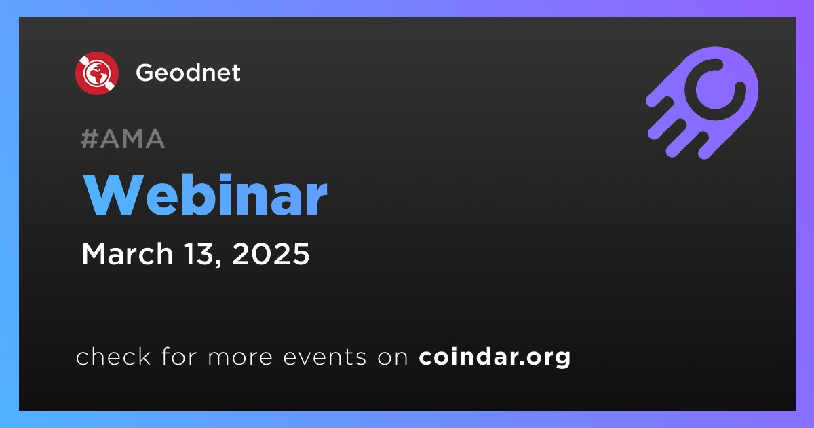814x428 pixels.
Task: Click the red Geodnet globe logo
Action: click(97, 73)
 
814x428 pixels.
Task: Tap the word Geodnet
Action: click(188, 73)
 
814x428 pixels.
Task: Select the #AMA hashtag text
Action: click(123, 139)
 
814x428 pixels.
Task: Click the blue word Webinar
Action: click(206, 195)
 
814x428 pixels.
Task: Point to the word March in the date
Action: click(128, 253)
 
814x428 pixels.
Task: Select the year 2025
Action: click(271, 253)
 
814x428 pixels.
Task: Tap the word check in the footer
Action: click(113, 356)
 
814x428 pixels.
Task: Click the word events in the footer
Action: click(325, 357)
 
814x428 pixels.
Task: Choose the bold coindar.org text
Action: click(495, 357)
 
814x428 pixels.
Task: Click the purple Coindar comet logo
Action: click(702, 103)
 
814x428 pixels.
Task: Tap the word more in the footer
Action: click(240, 357)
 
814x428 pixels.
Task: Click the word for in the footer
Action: click(179, 356)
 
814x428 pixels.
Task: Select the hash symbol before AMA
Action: click(89, 139)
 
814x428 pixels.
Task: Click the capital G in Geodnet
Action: click(146, 73)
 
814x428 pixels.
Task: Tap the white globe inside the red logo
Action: click(97, 73)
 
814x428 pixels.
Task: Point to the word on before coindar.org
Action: click(393, 357)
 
